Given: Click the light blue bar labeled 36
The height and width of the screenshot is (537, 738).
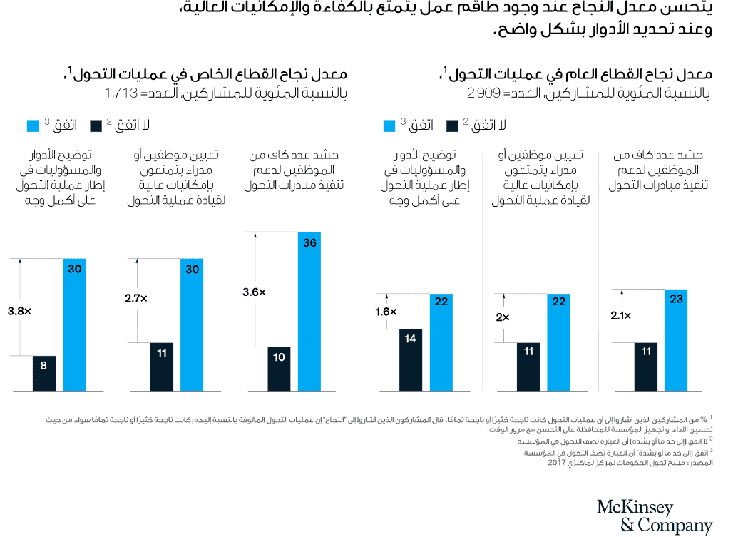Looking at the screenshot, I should point(309,311).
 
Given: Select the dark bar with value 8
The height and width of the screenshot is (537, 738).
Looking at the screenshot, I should point(44,373).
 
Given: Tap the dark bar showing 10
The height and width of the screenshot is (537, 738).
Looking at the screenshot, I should point(280,369).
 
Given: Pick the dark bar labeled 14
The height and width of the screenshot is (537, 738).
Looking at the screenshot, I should point(411,359).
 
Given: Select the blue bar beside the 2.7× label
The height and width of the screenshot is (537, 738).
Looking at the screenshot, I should point(192,324).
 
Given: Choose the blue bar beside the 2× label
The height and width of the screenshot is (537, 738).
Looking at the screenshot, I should point(559,342).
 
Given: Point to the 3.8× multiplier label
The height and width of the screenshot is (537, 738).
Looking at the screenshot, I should point(19,311).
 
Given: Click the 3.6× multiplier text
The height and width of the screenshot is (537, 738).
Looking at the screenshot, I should point(255,292).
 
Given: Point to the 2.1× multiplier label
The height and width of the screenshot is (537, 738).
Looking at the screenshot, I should point(620,311).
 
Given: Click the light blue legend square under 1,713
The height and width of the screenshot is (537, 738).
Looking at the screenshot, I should point(33,126).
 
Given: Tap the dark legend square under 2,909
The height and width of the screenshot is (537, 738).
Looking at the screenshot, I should point(451,126).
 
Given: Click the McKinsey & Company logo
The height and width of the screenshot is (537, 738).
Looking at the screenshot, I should point(654,516).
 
